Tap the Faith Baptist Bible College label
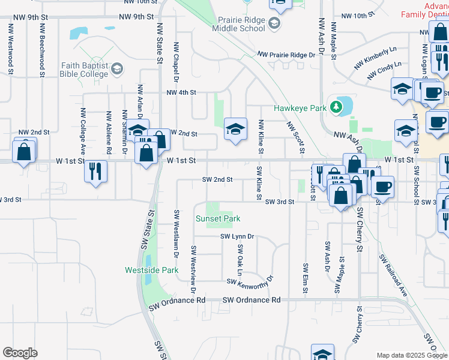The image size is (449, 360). pos(83,70)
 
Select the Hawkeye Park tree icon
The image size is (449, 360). pos(337,107)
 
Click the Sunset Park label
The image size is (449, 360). pos(218,219)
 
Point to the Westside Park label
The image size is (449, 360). pos(152,271)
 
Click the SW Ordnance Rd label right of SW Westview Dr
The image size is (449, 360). pos(252,299)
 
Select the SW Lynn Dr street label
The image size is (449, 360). pos(237,236)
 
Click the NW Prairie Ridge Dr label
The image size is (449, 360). pos(286,55)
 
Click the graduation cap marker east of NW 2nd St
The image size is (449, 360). pos(236,128)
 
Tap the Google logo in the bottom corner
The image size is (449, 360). pos(20,353)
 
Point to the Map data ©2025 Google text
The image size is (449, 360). pos(411,355)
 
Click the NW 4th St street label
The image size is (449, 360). pos(182,92)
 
